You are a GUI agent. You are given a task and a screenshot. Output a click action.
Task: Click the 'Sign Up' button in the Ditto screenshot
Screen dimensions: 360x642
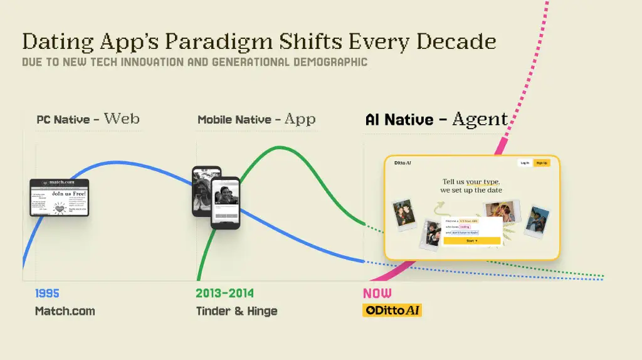point(542,163)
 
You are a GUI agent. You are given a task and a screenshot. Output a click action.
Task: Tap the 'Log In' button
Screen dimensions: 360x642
point(524,163)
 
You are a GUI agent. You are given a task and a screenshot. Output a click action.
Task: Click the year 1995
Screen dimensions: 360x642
point(47,293)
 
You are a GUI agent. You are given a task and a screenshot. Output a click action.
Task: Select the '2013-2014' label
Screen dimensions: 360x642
point(225,293)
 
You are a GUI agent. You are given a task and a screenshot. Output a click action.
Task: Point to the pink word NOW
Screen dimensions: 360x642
point(377,293)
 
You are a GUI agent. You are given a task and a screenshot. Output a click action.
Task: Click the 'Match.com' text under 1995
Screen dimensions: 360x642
point(65,310)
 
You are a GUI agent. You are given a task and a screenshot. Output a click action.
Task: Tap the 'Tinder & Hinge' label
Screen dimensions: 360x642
point(236,310)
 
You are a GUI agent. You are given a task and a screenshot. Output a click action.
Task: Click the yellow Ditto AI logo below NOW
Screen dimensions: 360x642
point(392,310)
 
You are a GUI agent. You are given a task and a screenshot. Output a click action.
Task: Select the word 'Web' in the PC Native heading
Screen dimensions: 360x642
point(122,118)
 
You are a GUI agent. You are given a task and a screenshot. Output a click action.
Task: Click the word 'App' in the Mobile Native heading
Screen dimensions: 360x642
point(300,119)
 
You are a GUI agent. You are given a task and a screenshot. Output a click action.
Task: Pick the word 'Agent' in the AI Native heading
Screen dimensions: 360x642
point(480,119)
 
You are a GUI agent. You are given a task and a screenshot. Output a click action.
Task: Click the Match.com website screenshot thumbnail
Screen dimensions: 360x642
point(60,198)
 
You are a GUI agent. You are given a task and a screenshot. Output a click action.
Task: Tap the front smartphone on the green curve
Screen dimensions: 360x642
point(225,203)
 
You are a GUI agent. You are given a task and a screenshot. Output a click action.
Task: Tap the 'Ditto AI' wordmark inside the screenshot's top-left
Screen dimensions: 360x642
point(403,163)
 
